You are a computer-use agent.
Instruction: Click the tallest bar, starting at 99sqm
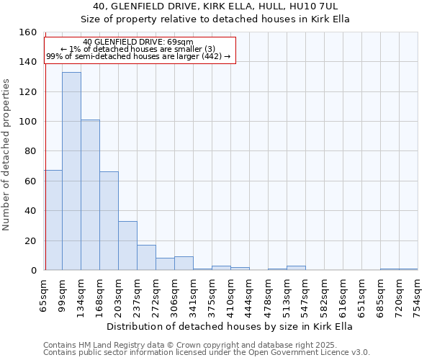point(71,171)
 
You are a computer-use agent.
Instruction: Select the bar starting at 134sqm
point(90,195)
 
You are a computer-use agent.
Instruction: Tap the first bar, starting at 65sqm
point(53,220)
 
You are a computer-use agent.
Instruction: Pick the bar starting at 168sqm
point(109,221)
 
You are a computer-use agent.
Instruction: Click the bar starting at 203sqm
point(127,246)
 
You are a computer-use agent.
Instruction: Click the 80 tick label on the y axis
point(30,151)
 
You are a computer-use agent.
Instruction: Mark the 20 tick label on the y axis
point(30,240)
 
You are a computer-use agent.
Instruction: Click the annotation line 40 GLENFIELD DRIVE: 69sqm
point(138,42)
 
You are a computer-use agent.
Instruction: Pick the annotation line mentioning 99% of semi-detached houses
point(138,55)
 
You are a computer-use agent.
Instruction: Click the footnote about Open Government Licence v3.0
point(207,352)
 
